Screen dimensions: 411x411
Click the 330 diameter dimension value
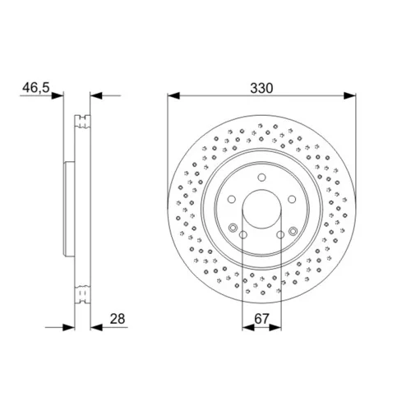pos(261,88)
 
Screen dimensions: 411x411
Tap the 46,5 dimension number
pos(36,88)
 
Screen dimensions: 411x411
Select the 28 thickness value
pos(118,319)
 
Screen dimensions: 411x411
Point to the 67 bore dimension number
pos(262,319)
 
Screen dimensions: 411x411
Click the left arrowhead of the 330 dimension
pos(173,95)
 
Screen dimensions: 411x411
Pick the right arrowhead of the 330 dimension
pos(350,95)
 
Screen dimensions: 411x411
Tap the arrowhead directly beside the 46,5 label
pos(58,95)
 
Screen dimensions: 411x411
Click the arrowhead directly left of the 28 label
pos(96,327)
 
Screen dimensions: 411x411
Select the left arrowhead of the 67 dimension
pos(248,327)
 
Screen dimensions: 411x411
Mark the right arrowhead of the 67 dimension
pos(275,327)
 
